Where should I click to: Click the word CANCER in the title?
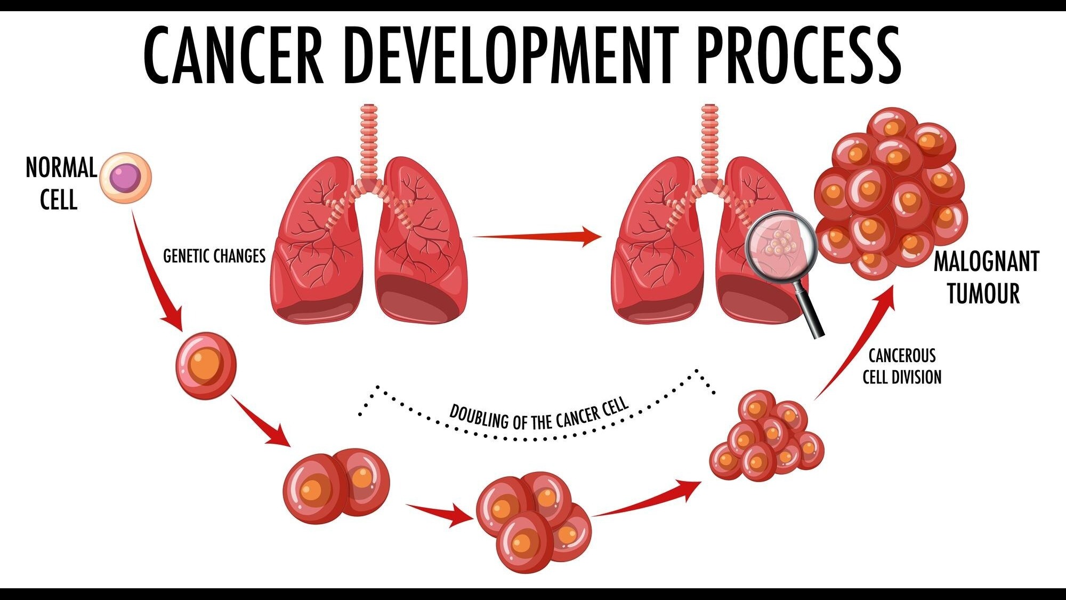click(x=234, y=55)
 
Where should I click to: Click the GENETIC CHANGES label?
click(x=214, y=256)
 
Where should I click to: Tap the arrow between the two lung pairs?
click(x=537, y=236)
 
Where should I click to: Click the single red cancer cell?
click(x=206, y=366)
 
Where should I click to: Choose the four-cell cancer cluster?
click(x=533, y=522)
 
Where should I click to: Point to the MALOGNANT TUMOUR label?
click(x=986, y=277)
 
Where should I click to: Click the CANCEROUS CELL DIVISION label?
click(x=902, y=366)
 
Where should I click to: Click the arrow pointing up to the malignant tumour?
click(x=855, y=341)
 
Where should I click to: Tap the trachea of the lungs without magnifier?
click(x=369, y=141)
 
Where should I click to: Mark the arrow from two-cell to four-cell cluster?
click(x=440, y=514)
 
